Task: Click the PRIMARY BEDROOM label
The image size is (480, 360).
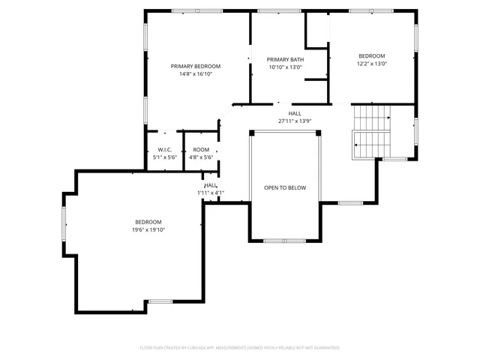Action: (195, 66)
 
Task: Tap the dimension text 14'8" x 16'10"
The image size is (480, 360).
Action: (195, 74)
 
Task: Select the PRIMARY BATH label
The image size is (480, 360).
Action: (285, 59)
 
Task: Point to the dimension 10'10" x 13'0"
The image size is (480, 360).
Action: (285, 67)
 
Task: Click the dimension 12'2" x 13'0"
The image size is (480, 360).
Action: (371, 64)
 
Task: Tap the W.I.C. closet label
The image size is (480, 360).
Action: (165, 149)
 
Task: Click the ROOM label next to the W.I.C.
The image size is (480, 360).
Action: (201, 149)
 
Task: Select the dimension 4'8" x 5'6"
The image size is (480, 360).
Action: (201, 157)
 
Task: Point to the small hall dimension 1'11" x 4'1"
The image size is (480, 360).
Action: (210, 193)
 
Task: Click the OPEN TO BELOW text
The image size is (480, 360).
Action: (285, 187)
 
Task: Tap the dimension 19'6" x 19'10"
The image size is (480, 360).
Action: (148, 229)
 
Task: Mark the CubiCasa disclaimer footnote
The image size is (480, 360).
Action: (240, 348)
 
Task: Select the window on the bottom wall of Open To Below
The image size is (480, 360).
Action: (285, 241)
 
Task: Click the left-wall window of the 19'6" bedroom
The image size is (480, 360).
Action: (64, 224)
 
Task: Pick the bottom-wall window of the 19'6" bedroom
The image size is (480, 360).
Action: (160, 301)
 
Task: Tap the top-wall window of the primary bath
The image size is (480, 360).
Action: (270, 11)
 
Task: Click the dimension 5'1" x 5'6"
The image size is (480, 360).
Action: (165, 157)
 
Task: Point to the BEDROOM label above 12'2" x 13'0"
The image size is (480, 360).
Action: (371, 55)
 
